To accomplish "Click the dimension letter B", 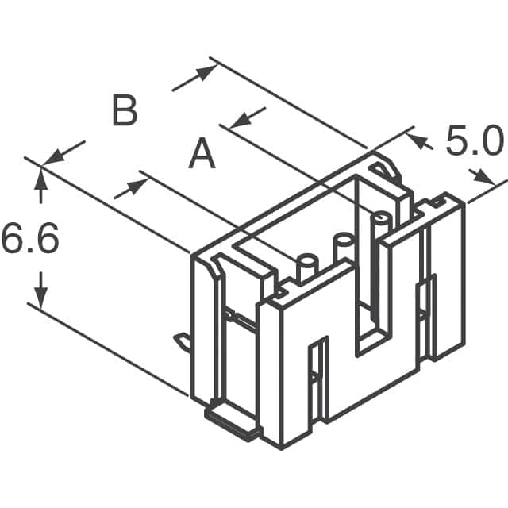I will (124, 111).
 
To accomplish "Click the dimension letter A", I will (202, 154).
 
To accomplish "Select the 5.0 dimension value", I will (474, 143).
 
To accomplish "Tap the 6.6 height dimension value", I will (29, 240).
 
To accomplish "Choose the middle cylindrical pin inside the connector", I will (343, 244).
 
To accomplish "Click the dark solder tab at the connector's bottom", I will (233, 421).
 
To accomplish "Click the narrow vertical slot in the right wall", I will (432, 314).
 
